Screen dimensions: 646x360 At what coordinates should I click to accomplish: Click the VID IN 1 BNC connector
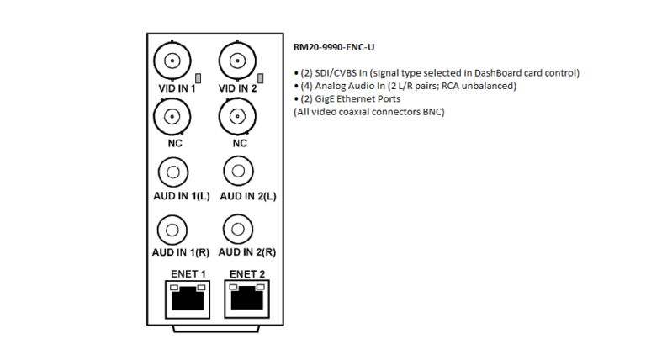(172, 61)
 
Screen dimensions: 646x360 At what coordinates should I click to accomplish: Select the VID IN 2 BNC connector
(237, 61)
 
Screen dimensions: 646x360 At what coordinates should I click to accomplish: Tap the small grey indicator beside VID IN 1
(199, 78)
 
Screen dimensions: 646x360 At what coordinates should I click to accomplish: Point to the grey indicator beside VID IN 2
(261, 78)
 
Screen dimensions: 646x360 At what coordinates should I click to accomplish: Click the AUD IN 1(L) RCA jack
(173, 172)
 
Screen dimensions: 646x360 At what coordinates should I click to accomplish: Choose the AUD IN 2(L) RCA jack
(238, 171)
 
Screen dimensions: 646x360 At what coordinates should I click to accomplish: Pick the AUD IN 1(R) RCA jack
(172, 230)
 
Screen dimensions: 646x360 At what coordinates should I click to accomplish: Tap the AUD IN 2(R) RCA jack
(238, 229)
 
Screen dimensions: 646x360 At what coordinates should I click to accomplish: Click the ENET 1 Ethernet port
(188, 299)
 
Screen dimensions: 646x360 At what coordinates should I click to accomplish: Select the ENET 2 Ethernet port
(246, 299)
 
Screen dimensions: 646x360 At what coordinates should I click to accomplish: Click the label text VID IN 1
(177, 88)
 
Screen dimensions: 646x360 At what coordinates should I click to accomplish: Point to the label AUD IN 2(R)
(247, 252)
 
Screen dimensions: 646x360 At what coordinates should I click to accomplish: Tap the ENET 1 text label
(188, 274)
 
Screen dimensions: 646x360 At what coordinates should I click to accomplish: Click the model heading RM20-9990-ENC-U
(334, 47)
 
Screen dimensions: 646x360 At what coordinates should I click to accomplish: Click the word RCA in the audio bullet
(450, 86)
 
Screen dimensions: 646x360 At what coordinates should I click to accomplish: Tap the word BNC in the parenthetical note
(433, 112)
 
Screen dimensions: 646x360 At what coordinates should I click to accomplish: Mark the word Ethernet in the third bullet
(354, 99)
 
